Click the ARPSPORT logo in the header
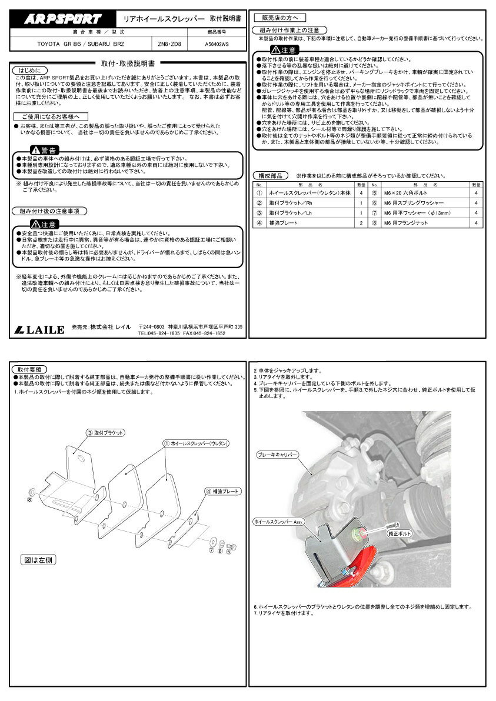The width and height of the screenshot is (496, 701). click(x=62, y=19)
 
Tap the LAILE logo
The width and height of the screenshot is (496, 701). click(x=39, y=329)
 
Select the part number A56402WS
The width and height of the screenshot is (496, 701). click(x=217, y=44)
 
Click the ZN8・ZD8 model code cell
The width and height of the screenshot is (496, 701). click(x=170, y=44)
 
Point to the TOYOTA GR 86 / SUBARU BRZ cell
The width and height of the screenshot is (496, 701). click(x=82, y=44)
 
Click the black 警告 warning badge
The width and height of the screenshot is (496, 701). click(x=45, y=151)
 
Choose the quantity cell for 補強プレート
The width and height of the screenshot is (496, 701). click(x=361, y=223)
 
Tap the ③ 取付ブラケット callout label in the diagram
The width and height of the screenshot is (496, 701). click(x=106, y=432)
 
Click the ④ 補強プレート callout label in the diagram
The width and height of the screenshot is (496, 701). click(x=222, y=490)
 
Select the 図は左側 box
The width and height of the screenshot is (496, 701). click(x=39, y=560)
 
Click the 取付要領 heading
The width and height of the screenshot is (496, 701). click(x=27, y=369)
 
